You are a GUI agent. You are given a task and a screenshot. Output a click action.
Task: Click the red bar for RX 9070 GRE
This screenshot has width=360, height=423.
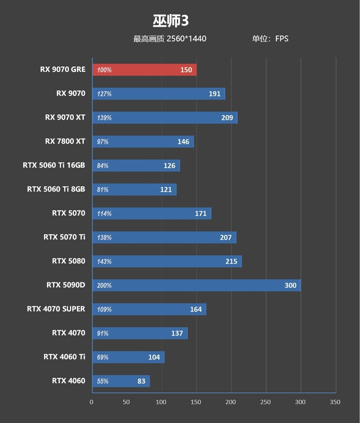[144, 70]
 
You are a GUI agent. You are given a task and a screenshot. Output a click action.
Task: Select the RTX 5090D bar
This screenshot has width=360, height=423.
[196, 285]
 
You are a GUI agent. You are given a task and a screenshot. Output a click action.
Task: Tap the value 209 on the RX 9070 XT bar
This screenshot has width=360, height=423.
[227, 118]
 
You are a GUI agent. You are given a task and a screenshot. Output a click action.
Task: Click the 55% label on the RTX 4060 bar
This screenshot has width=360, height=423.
[103, 381]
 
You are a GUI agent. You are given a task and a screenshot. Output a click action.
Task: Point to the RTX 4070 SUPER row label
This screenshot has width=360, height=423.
[56, 309]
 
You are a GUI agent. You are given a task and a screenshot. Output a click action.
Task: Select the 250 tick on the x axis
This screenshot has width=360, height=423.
[265, 402]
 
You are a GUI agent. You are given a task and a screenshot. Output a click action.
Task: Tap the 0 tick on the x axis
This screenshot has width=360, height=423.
[92, 402]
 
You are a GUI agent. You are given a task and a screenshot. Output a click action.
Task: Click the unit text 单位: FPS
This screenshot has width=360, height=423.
[270, 39]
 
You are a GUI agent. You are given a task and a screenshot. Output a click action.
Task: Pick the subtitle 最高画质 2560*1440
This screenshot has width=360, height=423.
[170, 39]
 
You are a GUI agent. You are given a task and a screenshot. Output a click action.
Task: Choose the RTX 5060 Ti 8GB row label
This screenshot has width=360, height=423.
[56, 189]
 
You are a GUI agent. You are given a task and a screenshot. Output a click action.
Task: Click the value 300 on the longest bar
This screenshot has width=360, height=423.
[290, 285]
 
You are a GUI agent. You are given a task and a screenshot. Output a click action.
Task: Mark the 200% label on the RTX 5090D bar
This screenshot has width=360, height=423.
[104, 285]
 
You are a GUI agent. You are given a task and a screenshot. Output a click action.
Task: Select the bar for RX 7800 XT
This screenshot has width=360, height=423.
[143, 141]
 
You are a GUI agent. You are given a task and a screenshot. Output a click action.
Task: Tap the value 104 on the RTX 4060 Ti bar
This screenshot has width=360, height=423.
[154, 357]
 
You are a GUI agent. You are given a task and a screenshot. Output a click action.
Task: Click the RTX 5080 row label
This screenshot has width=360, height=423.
[68, 261]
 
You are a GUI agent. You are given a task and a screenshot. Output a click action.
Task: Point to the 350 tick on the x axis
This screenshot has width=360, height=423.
[335, 402]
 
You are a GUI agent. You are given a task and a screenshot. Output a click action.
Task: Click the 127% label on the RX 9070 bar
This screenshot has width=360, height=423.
[104, 94]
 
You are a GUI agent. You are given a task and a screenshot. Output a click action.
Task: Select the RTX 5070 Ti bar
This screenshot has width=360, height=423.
[164, 237]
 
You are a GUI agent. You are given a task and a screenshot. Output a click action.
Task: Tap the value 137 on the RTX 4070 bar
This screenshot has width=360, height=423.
[177, 333]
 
